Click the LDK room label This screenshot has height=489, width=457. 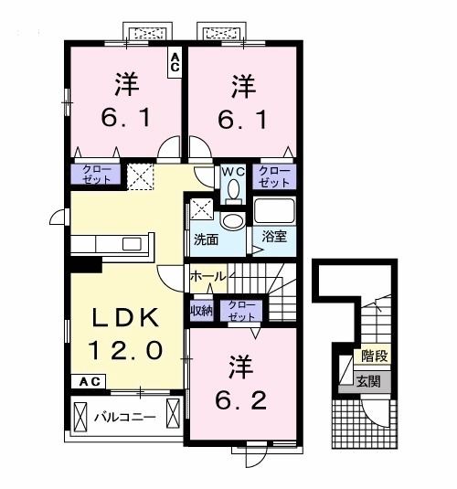pos(125,317)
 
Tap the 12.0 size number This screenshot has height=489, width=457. pos(125,350)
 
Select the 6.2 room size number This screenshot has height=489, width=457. pos(240,400)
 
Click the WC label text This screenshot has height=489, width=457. pos(233,171)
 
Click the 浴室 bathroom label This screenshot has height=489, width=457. pos(274,237)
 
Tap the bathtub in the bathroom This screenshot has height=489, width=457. pos(274,211)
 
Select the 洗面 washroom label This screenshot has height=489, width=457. pos(206,239)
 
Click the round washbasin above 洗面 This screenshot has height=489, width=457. pos(233,221)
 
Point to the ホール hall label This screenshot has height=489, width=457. pos(208,276)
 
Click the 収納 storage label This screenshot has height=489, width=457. pos(201,310)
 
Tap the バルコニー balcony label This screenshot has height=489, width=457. pos(125,417)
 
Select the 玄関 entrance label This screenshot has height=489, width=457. pos(368,381)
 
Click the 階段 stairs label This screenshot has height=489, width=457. pos(375,356)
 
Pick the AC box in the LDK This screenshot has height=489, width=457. pos(89,382)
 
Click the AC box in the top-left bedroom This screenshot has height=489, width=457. pos(175,62)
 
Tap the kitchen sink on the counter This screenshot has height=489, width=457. pos(132,244)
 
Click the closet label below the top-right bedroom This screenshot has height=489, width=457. pos(274,176)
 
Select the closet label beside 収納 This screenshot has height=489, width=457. pos(241,311)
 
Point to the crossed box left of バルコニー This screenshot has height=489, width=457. pos(80,417)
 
